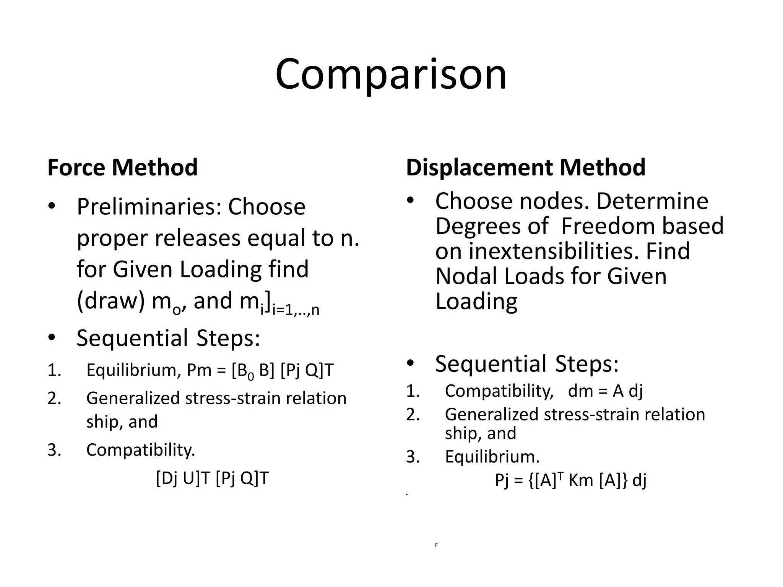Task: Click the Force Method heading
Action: click(x=122, y=167)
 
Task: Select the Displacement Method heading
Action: click(x=526, y=167)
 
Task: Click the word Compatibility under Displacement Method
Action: click(x=499, y=391)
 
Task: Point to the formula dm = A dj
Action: click(x=606, y=391)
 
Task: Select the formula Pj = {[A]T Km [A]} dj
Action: click(x=570, y=480)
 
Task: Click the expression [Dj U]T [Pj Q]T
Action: click(x=213, y=478)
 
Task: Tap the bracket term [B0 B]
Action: click(x=253, y=370)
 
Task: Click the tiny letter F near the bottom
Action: click(x=436, y=545)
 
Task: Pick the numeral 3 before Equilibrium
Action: click(x=413, y=457)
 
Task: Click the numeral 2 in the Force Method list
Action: click(x=54, y=398)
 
